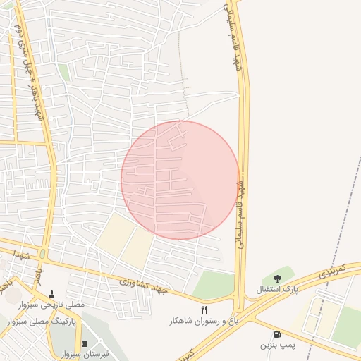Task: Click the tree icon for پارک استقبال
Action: tap(277, 279)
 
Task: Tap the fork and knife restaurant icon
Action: tap(204, 310)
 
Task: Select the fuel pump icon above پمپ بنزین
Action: tap(277, 334)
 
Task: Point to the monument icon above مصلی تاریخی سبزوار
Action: tap(51, 294)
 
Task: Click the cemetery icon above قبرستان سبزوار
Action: tap(85, 344)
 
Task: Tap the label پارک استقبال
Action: tap(277, 290)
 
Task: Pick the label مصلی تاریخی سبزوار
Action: tap(51, 305)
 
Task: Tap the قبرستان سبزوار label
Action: tap(85, 354)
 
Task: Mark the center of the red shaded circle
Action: tap(180, 180)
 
